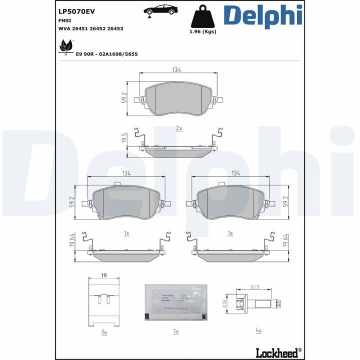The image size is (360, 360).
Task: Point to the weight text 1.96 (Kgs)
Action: pyautogui.click(x=202, y=31)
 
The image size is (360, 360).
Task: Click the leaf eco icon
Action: pyautogui.click(x=65, y=47)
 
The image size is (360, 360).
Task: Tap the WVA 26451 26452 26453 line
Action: pyautogui.click(x=91, y=28)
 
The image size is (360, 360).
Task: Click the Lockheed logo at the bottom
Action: pyautogui.click(x=278, y=351)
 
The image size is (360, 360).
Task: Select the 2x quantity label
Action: pyautogui.click(x=179, y=128)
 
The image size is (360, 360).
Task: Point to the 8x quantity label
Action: pyautogui.click(x=104, y=331)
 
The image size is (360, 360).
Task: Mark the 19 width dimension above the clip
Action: pyautogui.click(x=104, y=275)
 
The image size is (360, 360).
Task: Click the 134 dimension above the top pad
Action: pyautogui.click(x=176, y=69)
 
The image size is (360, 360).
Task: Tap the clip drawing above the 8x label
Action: pyautogui.click(x=104, y=303)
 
